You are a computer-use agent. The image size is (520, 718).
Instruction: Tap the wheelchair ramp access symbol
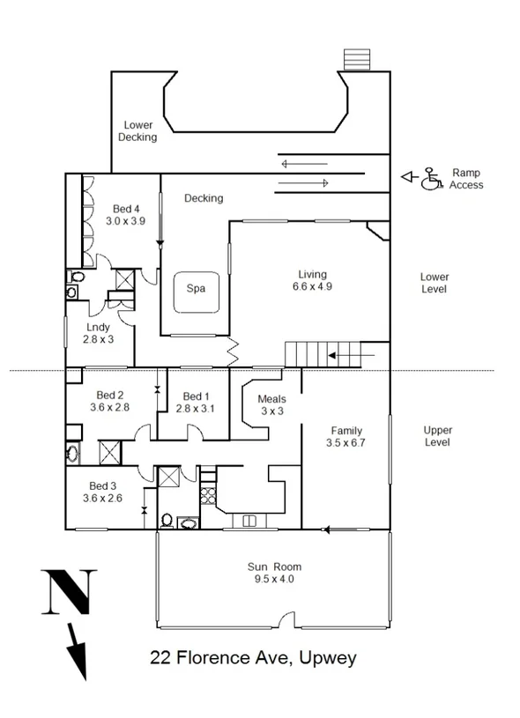[432, 179]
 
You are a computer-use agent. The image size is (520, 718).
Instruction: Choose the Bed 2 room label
[110, 401]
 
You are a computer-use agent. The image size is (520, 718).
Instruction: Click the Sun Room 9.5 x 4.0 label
[274, 573]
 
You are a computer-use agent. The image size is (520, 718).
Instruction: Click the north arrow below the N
[78, 652]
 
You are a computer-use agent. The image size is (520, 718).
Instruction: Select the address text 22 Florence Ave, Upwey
[253, 658]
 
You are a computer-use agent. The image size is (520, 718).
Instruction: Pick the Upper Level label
[437, 436]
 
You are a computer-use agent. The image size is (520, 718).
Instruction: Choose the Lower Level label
[434, 283]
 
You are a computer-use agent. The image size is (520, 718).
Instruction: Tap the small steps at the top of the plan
[355, 59]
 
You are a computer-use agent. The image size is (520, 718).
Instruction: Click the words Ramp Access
[465, 179]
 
